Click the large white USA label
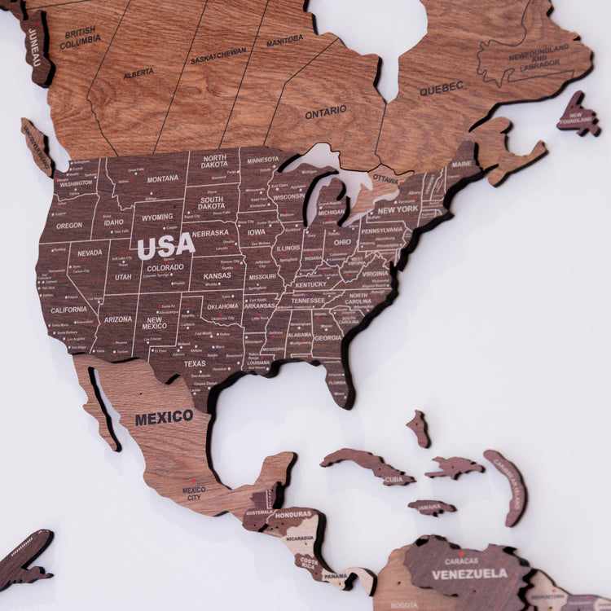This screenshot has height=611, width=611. coord(165,244)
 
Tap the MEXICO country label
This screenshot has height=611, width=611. coord(164,418)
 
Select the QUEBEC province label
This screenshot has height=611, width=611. coord(442,88)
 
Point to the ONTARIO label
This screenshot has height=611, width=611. coord(326,112)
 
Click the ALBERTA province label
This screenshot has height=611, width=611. coord(138,73)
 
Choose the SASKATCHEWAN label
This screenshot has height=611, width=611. coord(218,55)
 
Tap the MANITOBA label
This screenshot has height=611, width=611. coord(284,41)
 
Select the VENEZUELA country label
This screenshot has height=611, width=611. coord(469,574)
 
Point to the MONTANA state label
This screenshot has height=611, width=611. coord(163,178)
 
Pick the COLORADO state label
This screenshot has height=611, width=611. coord(165,266)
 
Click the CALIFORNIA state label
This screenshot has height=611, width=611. coord(68,310)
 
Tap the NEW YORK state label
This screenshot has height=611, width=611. coord(397,209)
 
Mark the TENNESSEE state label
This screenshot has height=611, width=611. coord(308,300)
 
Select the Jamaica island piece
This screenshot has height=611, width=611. coord(432,508)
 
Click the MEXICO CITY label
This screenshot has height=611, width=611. coord(194,493)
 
